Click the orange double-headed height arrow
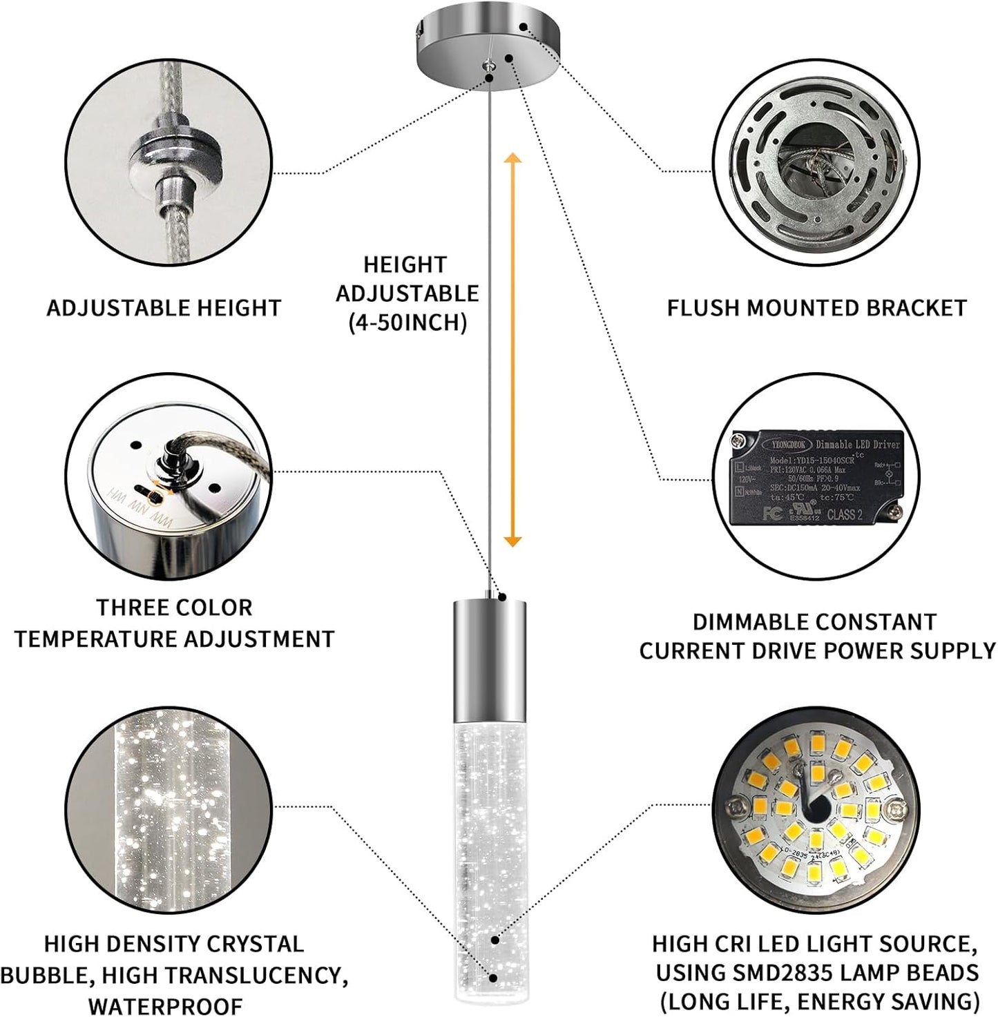click(x=512, y=351)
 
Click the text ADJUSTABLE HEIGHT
click(x=164, y=308)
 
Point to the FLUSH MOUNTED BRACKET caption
click(x=816, y=308)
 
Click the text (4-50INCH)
click(x=407, y=322)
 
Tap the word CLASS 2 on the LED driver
click(x=845, y=514)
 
